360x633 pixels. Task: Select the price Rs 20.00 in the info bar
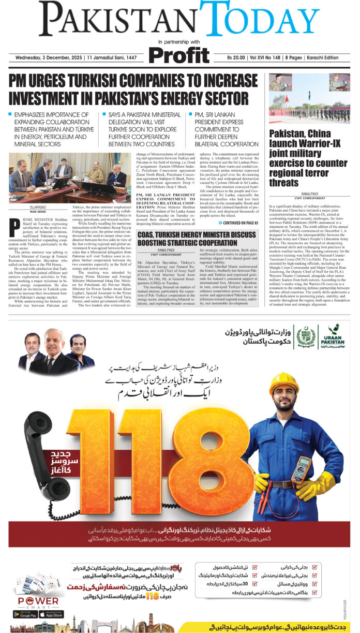239,57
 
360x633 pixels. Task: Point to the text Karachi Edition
331,57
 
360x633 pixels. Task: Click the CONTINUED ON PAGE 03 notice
241,223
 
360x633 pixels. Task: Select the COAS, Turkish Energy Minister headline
201,239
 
